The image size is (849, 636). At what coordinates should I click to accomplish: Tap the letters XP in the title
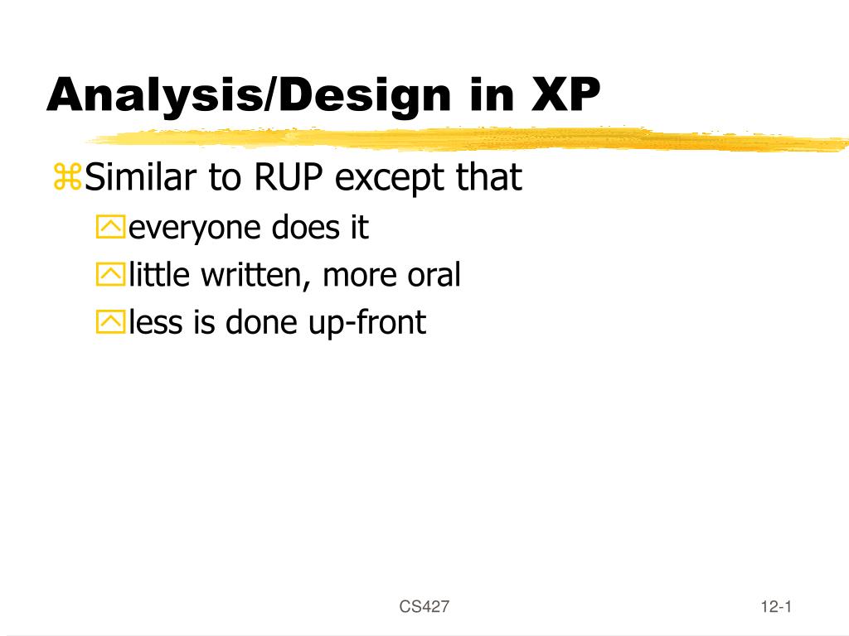coord(565,94)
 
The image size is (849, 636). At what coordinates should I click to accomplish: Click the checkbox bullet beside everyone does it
coord(109,229)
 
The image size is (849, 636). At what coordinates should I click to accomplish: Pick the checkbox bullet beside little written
coord(109,276)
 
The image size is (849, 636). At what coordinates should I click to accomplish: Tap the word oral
coord(433,275)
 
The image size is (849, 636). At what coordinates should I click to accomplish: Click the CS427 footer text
coord(424,607)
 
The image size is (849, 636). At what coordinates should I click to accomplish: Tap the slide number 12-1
coord(776,607)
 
